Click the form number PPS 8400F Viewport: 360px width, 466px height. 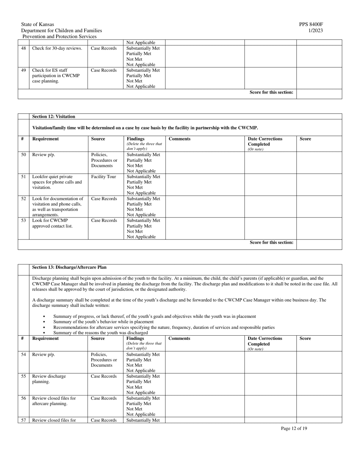tap(311, 24)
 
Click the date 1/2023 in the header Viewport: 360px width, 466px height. tap(316, 30)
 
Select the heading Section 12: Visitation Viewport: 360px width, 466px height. tap(53, 117)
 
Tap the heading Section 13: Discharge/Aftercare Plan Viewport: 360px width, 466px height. tap(69, 267)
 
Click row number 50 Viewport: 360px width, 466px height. tap(23, 155)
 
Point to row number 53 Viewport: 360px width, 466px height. tap(23, 220)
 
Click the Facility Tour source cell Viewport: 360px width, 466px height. tap(103, 177)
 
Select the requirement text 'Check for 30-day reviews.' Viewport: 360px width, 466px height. tap(57, 48)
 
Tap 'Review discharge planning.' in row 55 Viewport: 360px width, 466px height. tap(49, 379)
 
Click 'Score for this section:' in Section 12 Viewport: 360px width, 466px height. tap(271, 242)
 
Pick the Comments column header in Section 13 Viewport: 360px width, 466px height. tap(179, 338)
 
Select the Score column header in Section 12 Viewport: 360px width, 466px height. tap(305, 139)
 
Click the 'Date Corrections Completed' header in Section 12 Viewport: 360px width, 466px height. tap(265, 141)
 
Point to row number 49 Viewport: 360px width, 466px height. tap(23, 70)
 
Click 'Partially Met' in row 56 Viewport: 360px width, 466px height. tap(139, 403)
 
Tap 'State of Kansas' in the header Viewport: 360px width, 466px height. tap(38, 24)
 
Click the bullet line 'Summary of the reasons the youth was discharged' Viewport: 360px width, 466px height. tap(100, 333)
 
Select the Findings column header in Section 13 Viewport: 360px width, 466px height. tap(135, 338)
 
